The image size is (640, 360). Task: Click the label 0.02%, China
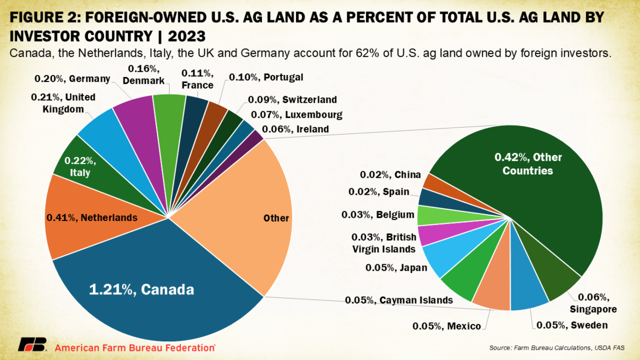390,175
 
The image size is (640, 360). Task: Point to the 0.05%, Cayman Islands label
399,300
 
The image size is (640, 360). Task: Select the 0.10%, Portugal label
266,78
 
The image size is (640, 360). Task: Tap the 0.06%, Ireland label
295,129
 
